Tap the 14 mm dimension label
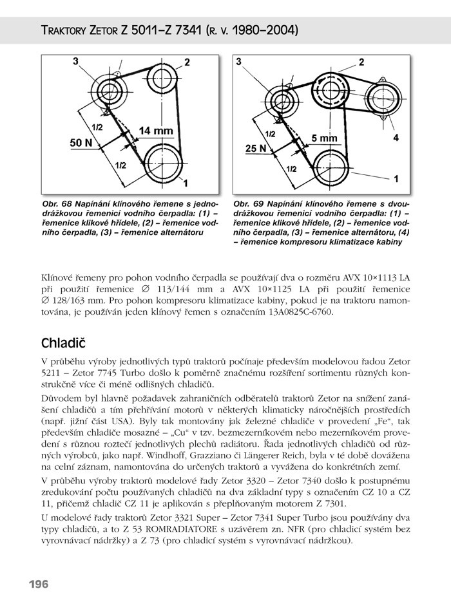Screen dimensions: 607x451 155,131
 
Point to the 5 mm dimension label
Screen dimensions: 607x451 324,138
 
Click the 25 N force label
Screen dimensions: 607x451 256,149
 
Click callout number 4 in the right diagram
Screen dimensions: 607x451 396,138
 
